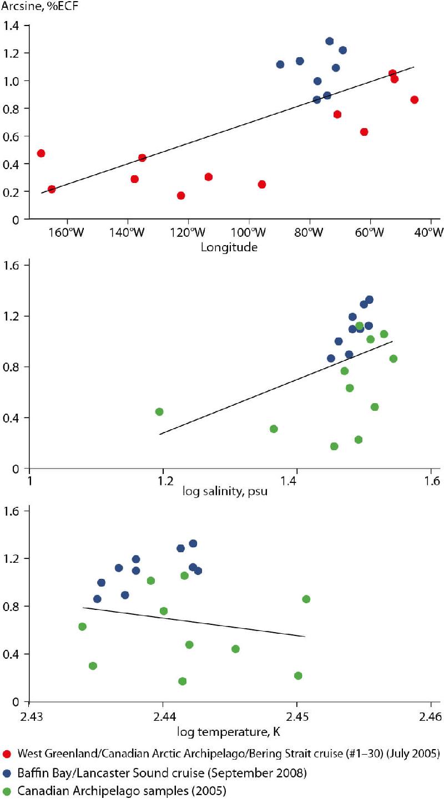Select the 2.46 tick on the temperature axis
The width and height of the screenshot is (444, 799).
[x=431, y=717]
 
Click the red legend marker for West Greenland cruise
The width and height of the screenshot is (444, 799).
[x=7, y=754]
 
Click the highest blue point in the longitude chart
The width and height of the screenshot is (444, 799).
[x=329, y=41]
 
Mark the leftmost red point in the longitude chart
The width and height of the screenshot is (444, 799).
[x=41, y=153]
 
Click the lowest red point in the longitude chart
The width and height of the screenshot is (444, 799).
[x=180, y=195]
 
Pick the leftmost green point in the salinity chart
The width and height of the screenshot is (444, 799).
[x=159, y=411]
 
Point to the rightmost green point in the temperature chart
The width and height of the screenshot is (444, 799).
[x=306, y=599]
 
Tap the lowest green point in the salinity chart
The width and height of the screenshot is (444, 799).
[x=334, y=446]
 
